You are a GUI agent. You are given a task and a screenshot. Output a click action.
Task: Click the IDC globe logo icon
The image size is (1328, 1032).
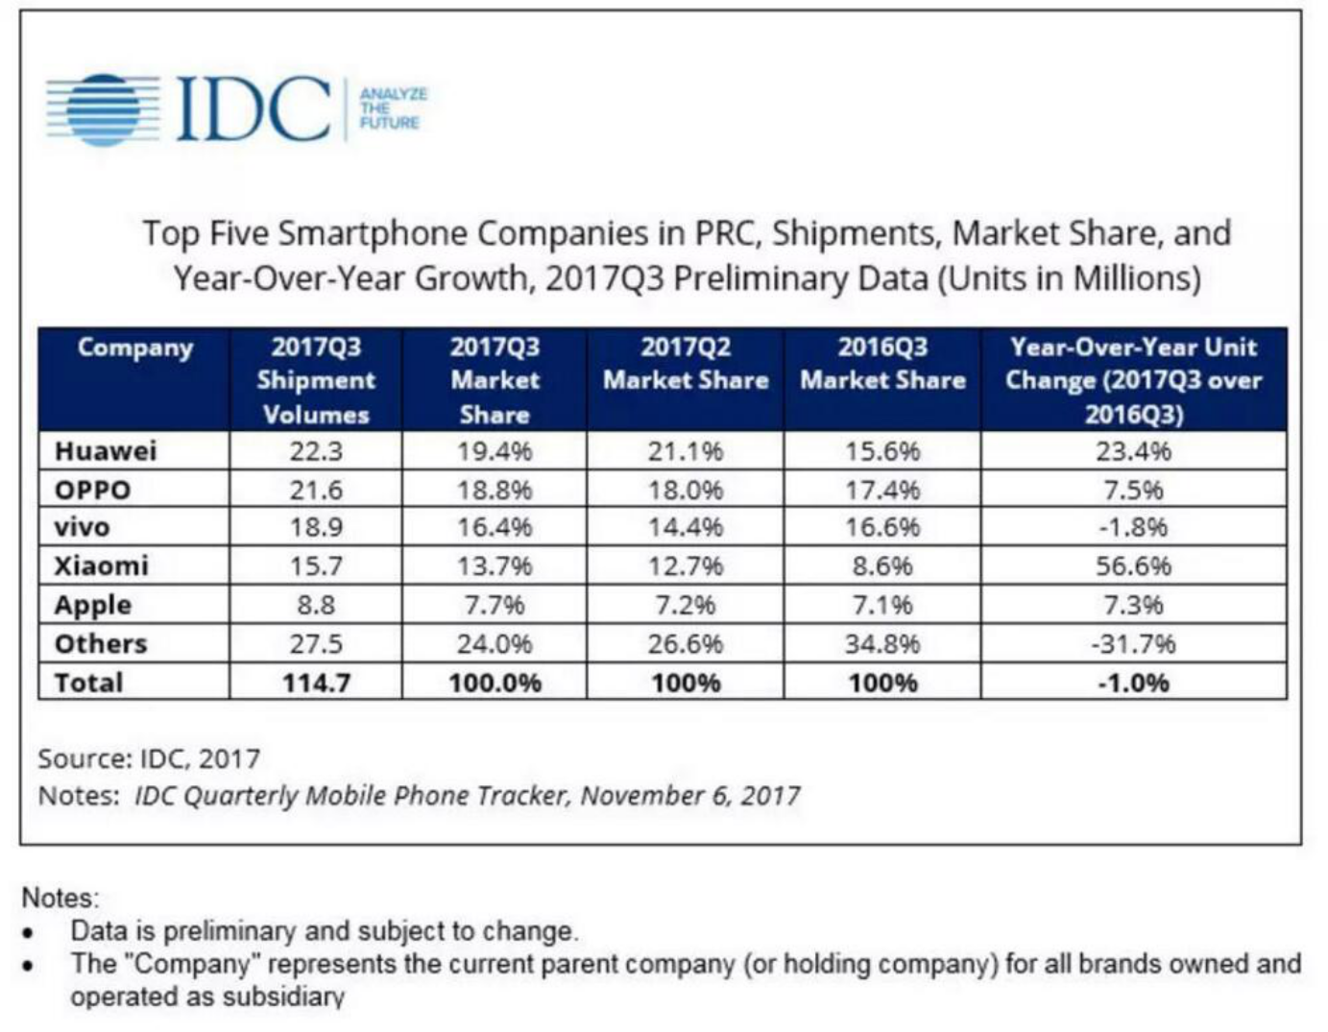(x=104, y=109)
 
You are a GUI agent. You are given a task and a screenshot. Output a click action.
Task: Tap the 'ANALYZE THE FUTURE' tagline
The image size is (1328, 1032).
(x=393, y=108)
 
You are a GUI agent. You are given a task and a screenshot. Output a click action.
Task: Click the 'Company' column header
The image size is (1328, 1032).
(x=134, y=348)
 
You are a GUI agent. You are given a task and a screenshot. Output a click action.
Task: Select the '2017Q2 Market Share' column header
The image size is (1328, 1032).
(x=686, y=363)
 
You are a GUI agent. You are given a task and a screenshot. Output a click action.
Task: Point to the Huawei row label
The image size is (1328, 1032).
(x=106, y=451)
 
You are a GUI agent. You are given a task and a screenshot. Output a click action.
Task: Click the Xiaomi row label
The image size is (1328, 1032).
(x=102, y=565)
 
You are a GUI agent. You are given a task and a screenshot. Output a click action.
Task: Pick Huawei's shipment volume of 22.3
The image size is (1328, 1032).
(x=316, y=451)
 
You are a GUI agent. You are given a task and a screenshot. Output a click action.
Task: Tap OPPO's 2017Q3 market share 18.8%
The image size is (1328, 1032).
(x=495, y=490)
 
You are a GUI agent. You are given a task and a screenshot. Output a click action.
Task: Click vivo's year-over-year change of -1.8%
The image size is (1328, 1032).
(x=1133, y=527)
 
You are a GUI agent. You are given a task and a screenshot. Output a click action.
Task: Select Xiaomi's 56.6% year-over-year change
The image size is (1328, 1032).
(x=1133, y=565)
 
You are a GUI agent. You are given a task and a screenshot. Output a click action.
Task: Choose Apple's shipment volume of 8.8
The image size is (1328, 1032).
(x=316, y=605)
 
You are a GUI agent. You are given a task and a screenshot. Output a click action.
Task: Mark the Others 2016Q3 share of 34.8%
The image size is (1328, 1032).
(x=882, y=643)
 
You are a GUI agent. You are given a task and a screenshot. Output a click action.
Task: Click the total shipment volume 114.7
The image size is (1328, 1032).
(x=316, y=683)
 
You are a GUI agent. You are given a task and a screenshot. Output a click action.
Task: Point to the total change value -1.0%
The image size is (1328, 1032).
(x=1133, y=683)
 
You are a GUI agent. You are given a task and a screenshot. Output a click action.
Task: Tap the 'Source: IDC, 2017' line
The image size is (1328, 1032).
(x=149, y=758)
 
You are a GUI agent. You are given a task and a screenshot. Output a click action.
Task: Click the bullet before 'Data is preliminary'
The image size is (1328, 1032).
(x=30, y=931)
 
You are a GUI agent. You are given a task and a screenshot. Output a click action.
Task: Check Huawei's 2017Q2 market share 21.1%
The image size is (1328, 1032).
(x=686, y=451)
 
